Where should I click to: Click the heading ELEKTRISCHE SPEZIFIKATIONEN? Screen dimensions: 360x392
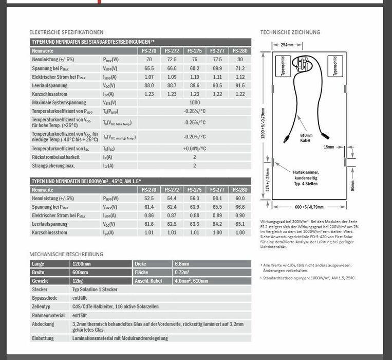point(66,32)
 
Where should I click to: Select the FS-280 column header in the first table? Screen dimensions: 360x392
point(240,51)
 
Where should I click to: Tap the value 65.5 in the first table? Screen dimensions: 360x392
point(149,68)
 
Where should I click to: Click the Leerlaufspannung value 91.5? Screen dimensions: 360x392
point(240,85)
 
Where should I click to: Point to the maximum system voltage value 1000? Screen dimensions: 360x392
point(195,102)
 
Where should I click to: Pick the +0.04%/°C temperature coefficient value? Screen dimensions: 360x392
point(195,148)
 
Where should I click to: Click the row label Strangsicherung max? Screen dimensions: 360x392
point(53,166)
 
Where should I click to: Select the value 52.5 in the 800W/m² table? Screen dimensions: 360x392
point(149,198)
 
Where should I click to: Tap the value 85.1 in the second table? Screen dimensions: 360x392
point(240,224)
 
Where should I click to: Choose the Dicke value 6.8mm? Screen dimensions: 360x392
point(182,263)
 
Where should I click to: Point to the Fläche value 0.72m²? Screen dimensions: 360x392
point(182,272)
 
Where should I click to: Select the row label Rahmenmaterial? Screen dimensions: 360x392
point(48,315)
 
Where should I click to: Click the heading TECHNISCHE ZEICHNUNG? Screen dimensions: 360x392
point(290,32)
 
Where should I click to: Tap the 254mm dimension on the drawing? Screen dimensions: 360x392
point(288,45)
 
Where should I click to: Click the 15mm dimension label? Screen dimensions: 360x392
point(329,147)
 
